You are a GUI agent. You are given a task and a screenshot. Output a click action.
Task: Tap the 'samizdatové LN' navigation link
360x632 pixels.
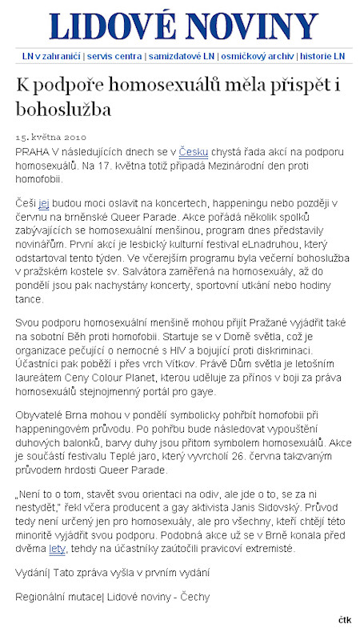point(182,57)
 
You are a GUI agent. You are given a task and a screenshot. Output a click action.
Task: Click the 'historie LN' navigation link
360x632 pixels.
point(322,57)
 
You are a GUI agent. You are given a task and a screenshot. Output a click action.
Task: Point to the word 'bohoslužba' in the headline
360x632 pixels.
point(64,107)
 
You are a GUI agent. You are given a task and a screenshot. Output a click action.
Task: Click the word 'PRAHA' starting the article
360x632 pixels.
point(32,150)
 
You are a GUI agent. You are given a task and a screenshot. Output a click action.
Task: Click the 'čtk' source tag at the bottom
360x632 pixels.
point(345,621)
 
